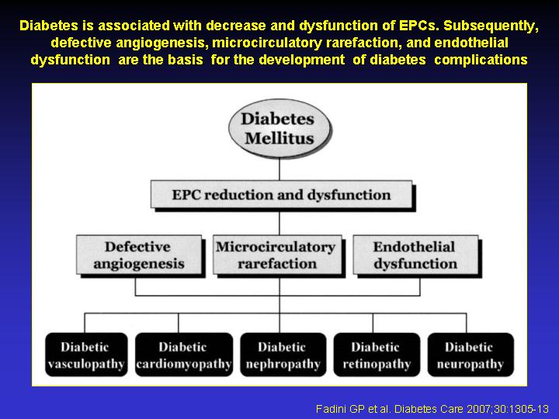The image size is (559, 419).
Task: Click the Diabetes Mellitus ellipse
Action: point(279,128)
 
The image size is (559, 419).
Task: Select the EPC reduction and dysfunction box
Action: point(282,195)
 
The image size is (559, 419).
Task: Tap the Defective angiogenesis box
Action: point(139,255)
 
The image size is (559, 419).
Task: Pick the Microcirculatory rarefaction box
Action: point(277,255)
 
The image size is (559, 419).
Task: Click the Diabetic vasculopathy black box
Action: point(86,355)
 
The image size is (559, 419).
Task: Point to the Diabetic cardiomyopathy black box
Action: point(184,355)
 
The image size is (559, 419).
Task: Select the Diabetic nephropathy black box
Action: point(283,355)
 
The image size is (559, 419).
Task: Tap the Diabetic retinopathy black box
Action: point(377,355)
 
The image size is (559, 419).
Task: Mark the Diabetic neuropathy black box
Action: point(470,355)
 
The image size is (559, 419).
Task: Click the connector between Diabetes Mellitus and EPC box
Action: point(279,170)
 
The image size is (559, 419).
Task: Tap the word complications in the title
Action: point(481,60)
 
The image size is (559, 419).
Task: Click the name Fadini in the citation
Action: point(328,409)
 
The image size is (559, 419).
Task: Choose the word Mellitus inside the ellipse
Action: point(279,138)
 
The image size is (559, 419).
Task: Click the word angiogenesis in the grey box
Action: point(139,265)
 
